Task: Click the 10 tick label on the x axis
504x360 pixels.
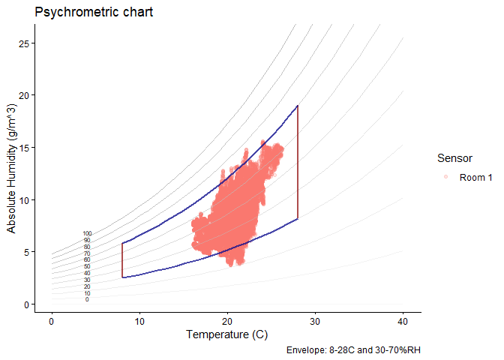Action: [x=139, y=322]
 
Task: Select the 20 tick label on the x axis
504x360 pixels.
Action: [x=227, y=322]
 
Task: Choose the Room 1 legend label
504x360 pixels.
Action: [x=475, y=177]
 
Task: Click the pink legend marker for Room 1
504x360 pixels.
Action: [x=445, y=177]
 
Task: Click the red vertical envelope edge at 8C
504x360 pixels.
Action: [x=121, y=259]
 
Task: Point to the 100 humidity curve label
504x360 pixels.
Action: [x=87, y=234]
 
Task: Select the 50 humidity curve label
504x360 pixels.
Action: [x=87, y=266]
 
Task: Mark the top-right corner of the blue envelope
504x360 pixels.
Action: [x=298, y=106]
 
